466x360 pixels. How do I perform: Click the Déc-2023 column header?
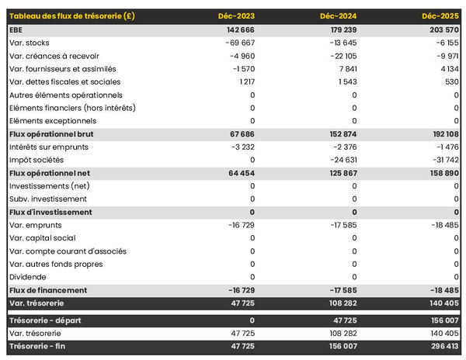click(237, 16)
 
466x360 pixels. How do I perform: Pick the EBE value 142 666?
click(238, 29)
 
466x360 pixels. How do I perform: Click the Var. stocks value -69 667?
click(238, 42)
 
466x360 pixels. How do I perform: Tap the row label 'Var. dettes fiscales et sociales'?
click(65, 81)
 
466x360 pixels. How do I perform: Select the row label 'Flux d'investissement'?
click(50, 212)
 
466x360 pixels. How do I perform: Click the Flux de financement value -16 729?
click(239, 290)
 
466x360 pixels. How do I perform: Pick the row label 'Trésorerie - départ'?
click(47, 320)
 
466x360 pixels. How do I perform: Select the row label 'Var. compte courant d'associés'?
click(68, 251)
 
